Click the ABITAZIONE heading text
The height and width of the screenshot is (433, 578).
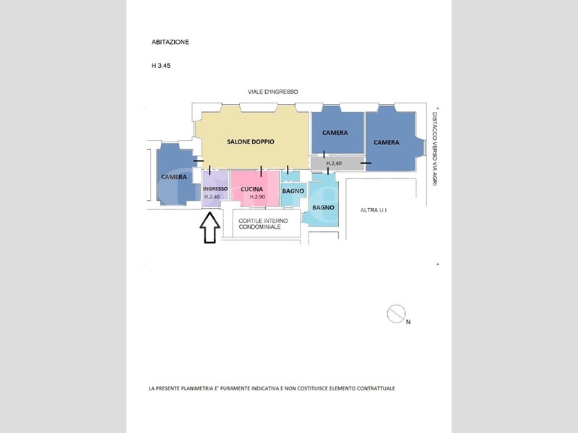click(171, 42)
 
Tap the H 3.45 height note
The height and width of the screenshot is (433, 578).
click(161, 66)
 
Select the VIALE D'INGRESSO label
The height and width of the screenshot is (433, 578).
click(273, 92)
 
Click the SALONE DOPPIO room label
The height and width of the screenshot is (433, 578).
click(251, 141)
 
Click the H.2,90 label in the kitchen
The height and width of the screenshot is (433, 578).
click(257, 197)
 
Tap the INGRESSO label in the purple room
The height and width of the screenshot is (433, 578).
click(215, 189)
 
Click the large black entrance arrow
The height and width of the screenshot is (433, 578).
click(210, 227)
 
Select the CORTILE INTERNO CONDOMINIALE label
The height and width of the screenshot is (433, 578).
click(263, 224)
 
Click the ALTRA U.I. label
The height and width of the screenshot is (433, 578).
click(374, 210)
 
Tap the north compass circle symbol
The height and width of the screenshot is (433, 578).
click(396, 314)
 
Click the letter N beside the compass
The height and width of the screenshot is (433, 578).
click(408, 322)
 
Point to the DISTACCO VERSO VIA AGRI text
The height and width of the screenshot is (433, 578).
click(435, 147)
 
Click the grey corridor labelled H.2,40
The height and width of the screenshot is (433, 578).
click(337, 164)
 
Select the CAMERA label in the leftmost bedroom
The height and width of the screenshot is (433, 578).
click(174, 177)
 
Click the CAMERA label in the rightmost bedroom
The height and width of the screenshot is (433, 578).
click(387, 142)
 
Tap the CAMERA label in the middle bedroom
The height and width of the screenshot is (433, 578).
click(335, 133)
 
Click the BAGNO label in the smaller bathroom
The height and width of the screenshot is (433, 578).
click(293, 191)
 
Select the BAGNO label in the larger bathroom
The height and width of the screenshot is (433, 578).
click(323, 208)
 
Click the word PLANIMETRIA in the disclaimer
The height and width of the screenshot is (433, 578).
click(198, 388)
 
